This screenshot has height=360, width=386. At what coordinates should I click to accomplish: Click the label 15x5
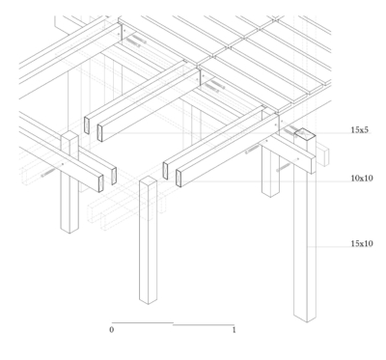point(359,130)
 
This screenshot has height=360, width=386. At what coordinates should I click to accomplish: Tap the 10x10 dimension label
point(362,179)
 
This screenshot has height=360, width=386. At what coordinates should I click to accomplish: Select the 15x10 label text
point(362,244)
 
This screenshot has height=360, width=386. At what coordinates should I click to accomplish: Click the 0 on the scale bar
point(111,330)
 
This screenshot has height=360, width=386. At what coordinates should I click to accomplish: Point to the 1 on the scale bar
point(234,330)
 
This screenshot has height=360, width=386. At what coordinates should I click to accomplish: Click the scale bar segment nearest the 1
point(204,325)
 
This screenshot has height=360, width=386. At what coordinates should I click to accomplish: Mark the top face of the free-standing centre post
point(148,180)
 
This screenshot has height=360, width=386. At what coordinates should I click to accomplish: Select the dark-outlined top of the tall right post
point(305,133)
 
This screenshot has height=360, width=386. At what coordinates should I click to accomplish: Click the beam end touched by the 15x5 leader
point(100,133)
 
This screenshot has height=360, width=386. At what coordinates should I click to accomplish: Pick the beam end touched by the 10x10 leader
point(179,179)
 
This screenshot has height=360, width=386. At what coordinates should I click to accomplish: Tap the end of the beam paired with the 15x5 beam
point(87,125)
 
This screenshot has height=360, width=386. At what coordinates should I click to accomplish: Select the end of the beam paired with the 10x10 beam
point(165,171)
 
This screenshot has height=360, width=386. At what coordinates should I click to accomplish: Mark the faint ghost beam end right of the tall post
point(323,157)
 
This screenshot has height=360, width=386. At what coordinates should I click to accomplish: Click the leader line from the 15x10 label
point(329,247)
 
